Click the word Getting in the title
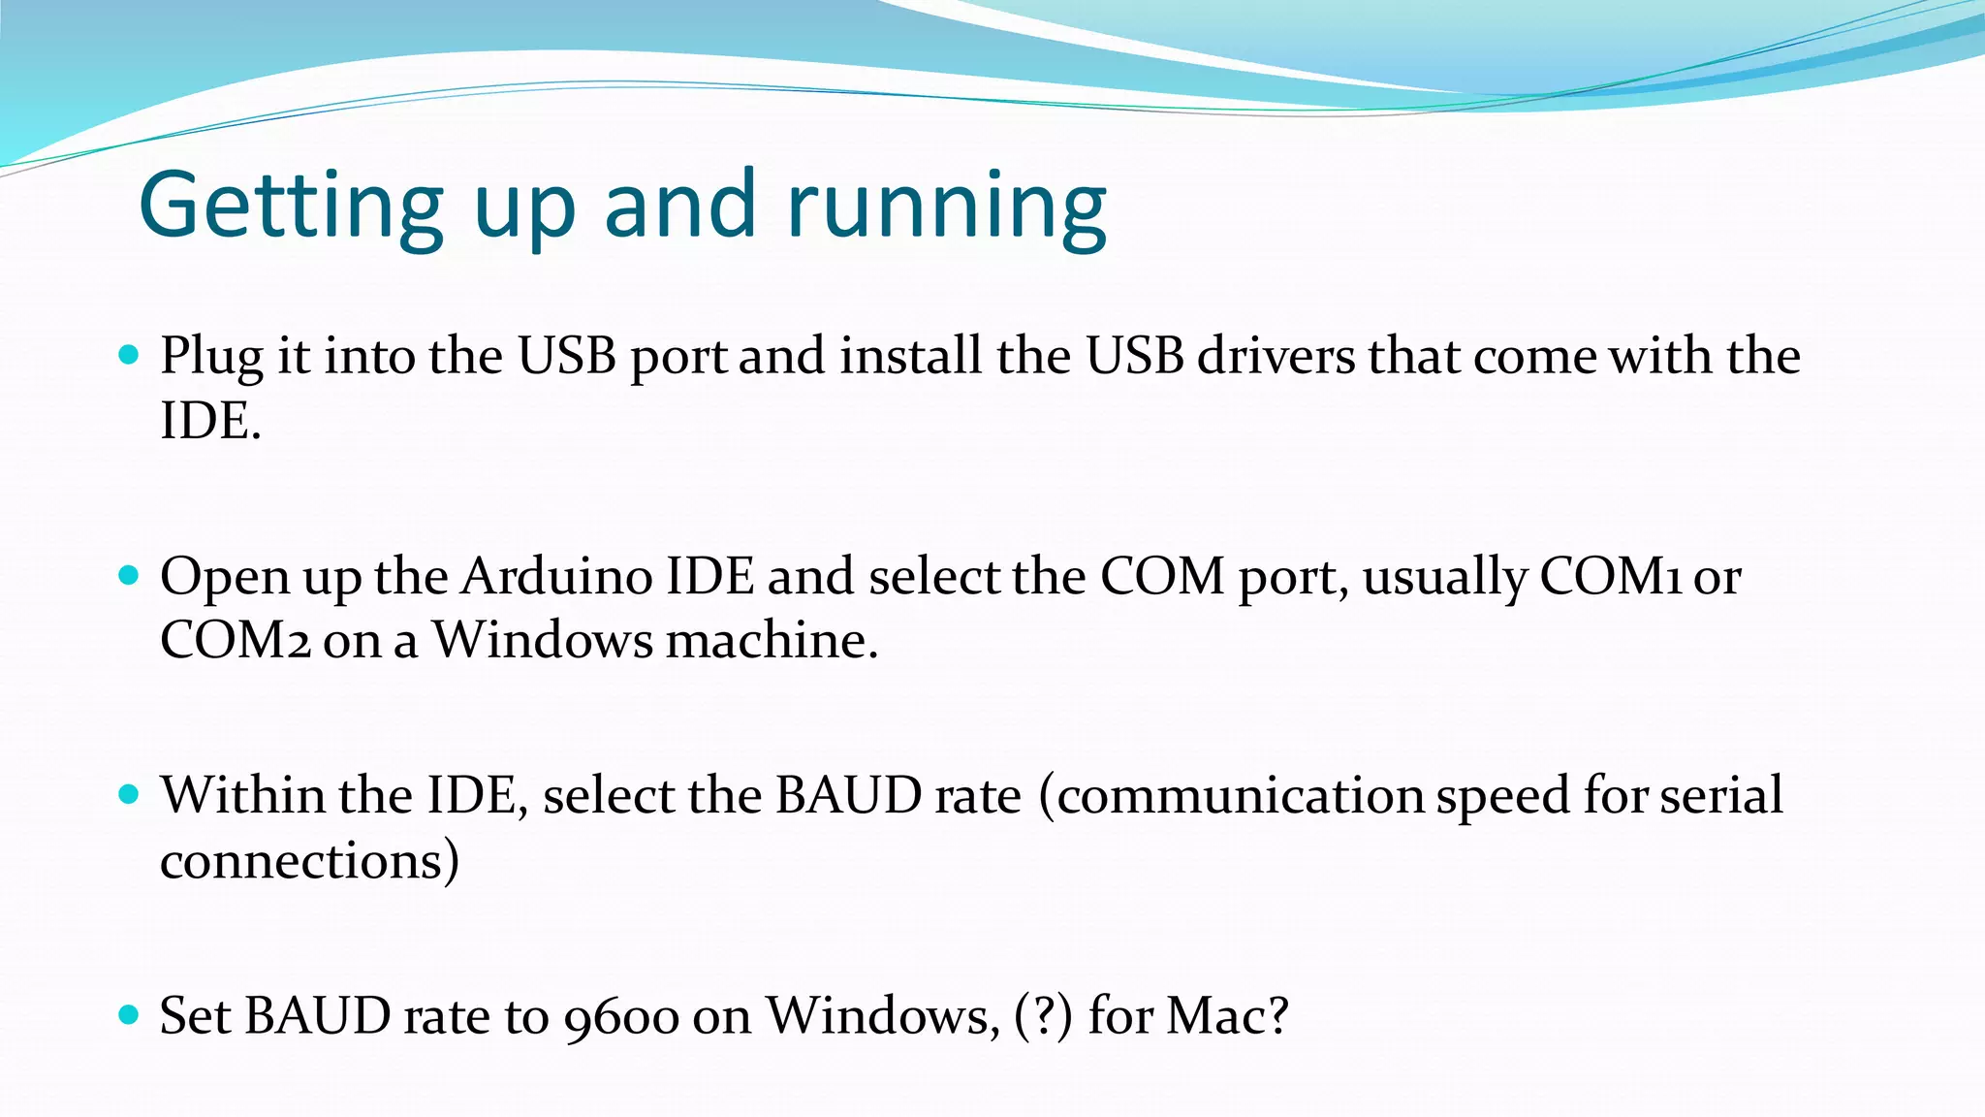coord(291,207)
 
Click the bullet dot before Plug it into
coord(128,355)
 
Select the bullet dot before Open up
coord(128,576)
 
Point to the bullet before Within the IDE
coord(128,795)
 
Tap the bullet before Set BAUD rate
coord(128,1015)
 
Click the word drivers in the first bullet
coord(1276,356)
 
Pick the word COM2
coord(235,641)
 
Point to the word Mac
coord(1225,1016)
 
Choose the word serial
coord(1720,796)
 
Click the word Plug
coord(211,357)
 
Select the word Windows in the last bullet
coord(881,1016)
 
